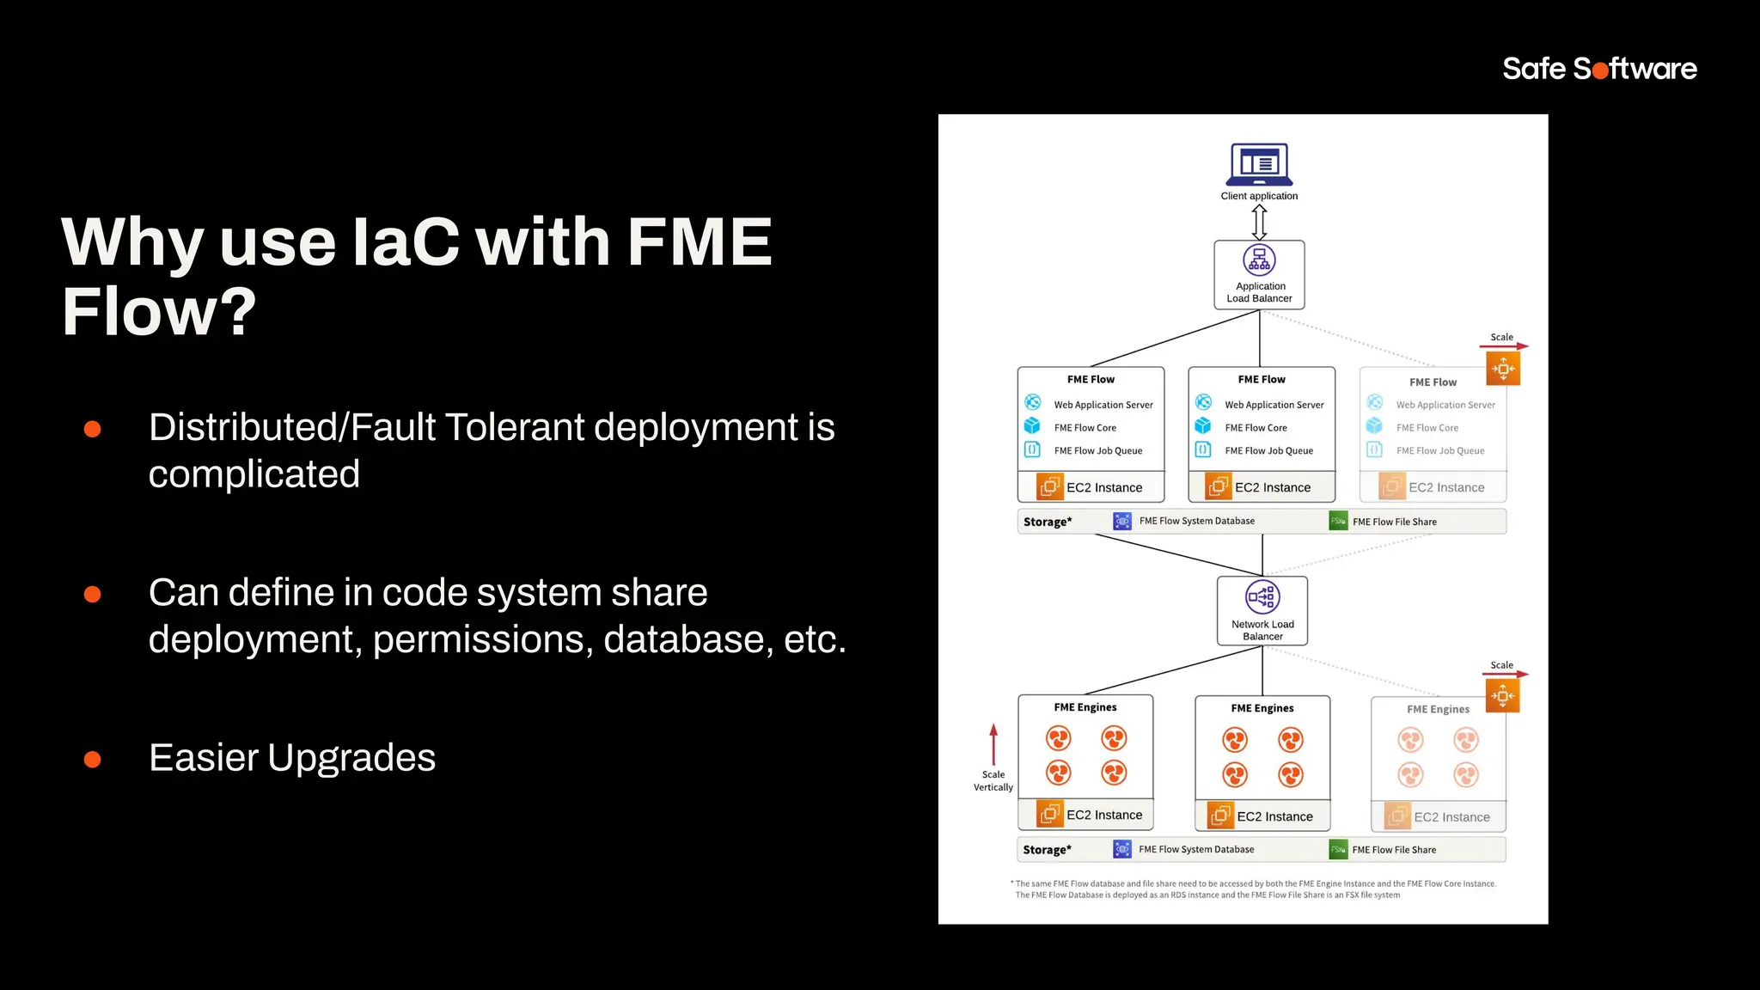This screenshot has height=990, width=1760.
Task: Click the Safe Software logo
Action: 1599,69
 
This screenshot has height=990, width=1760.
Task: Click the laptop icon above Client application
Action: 1259,164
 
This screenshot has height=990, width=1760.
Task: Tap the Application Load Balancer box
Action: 1259,275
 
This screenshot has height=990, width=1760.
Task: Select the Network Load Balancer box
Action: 1262,611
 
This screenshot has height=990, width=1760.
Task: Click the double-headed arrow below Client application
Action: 1259,222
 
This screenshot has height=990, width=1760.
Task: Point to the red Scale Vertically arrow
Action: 993,744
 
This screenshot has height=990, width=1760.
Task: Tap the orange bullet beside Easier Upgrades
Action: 93,759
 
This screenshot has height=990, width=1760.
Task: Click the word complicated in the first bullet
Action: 254,474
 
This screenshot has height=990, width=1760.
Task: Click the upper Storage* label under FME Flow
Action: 1047,522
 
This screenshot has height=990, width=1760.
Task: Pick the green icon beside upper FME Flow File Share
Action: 1338,521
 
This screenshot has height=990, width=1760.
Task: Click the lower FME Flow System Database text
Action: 1195,849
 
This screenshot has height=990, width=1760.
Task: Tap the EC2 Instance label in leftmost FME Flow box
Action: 1103,487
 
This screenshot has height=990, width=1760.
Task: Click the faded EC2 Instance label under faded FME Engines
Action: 1451,817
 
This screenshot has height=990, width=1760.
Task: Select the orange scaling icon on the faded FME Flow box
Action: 1503,369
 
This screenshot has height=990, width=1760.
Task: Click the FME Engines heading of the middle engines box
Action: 1262,708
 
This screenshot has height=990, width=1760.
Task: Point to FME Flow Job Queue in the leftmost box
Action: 1097,450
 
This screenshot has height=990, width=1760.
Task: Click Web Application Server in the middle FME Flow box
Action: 1274,405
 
